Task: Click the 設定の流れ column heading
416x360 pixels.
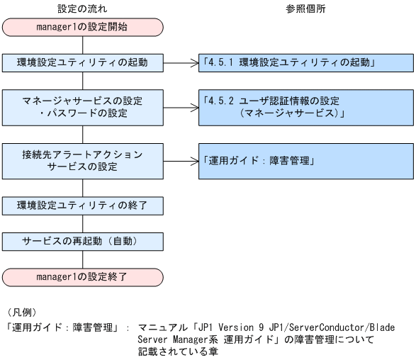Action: pos(83,9)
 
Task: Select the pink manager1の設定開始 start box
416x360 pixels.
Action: pos(83,28)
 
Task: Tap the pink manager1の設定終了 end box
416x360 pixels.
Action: pos(83,276)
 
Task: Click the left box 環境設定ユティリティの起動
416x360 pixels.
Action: pos(83,62)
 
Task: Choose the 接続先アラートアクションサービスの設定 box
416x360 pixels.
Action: pos(83,161)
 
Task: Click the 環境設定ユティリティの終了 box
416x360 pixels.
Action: pos(83,206)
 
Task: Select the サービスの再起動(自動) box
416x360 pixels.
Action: pos(83,240)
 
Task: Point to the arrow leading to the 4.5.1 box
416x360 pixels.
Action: pos(181,62)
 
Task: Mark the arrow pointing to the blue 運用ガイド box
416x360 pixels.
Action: pos(181,161)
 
